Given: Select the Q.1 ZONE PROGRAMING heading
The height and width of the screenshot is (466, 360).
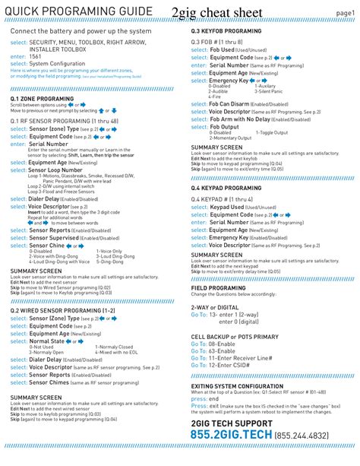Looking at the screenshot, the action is pos(42,99).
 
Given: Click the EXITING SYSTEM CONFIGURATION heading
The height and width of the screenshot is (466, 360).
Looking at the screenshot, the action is pos(241,386).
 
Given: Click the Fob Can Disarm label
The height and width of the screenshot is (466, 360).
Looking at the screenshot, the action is pos(229,103).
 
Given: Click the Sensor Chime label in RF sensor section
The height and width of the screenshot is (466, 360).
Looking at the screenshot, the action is pos(47,246).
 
